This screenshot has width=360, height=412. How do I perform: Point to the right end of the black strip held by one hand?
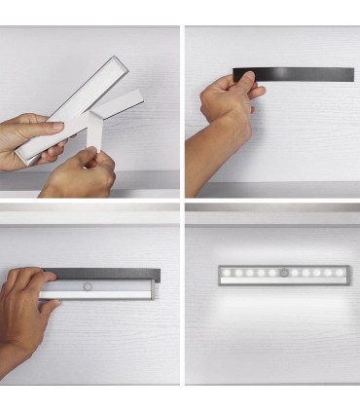[x=348, y=75]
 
